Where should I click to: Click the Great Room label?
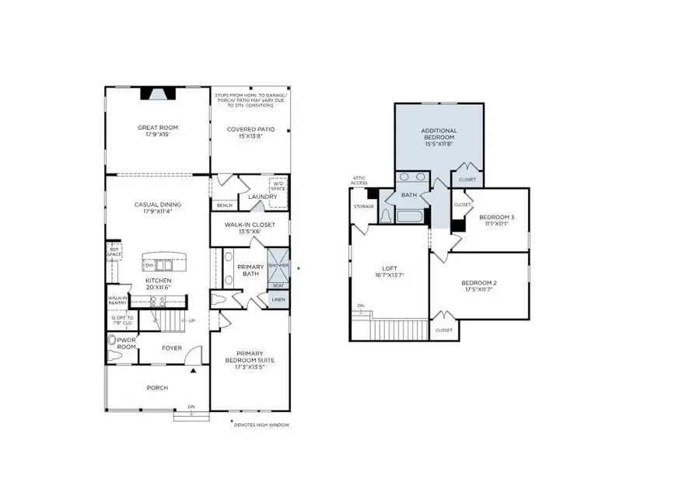(x=158, y=131)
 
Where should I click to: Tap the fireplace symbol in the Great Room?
(x=158, y=94)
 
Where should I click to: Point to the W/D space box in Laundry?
(x=278, y=187)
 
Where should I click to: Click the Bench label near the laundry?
(x=225, y=205)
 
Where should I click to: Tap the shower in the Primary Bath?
(x=278, y=264)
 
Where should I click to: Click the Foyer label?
(x=172, y=348)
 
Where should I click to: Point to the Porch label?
(x=158, y=387)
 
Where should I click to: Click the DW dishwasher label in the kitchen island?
(x=149, y=264)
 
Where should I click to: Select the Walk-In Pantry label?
(x=117, y=300)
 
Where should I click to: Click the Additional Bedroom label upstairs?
(x=439, y=138)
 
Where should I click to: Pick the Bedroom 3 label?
(x=496, y=220)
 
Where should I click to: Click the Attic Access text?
(x=359, y=180)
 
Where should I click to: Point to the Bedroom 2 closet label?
(x=443, y=330)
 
